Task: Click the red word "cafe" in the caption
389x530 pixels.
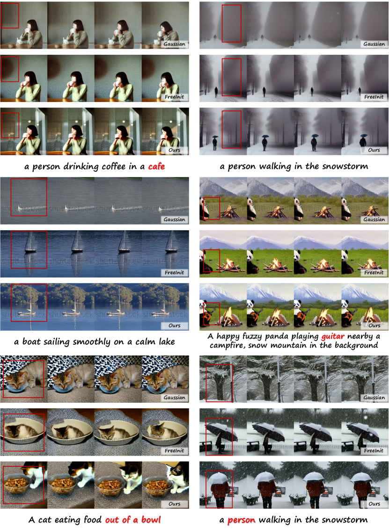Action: pyautogui.click(x=156, y=167)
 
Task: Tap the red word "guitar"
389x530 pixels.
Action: pyautogui.click(x=333, y=336)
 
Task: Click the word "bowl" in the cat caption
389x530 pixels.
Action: pyautogui.click(x=151, y=520)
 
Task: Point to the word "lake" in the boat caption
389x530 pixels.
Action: pyautogui.click(x=167, y=341)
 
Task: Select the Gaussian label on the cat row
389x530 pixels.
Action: pyautogui.click(x=174, y=398)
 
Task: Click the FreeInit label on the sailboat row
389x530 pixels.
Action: pyautogui.click(x=174, y=272)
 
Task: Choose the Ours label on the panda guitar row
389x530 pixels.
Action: pyautogui.click(x=374, y=325)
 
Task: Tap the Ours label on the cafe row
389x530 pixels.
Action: pyautogui.click(x=174, y=150)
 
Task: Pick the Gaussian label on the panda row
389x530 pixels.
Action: pyautogui.click(x=374, y=219)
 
